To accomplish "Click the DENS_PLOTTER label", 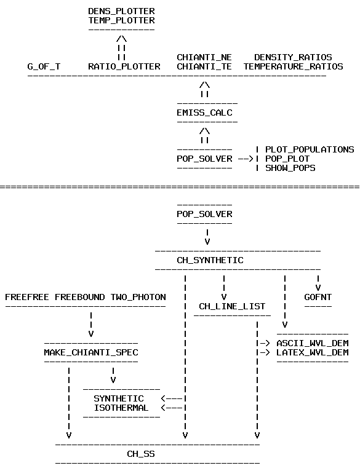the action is (121, 11).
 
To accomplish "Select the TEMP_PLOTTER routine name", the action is (121, 20).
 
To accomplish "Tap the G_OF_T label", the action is (44, 66).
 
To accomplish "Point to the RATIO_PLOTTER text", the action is (124, 66).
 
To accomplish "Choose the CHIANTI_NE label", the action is (204, 57).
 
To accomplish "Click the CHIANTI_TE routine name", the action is (204, 66).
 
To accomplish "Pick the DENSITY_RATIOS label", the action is (293, 57).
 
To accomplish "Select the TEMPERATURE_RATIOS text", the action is (293, 66).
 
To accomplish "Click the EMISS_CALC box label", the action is (204, 113).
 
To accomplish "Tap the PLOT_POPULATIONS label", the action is (310, 149).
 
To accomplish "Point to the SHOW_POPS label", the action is (290, 168).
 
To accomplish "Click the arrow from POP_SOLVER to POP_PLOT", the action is (246, 159).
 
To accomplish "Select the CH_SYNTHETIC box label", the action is (210, 260).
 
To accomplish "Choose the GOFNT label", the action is (318, 297).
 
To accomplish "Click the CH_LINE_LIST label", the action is (232, 306).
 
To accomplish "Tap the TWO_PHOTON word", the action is (138, 297).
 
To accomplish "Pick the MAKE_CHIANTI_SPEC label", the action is (91, 352).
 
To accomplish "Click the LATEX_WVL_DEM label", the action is (313, 352).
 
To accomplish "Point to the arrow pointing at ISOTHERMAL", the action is (172, 408).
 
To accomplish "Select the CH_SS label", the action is (141, 454).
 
